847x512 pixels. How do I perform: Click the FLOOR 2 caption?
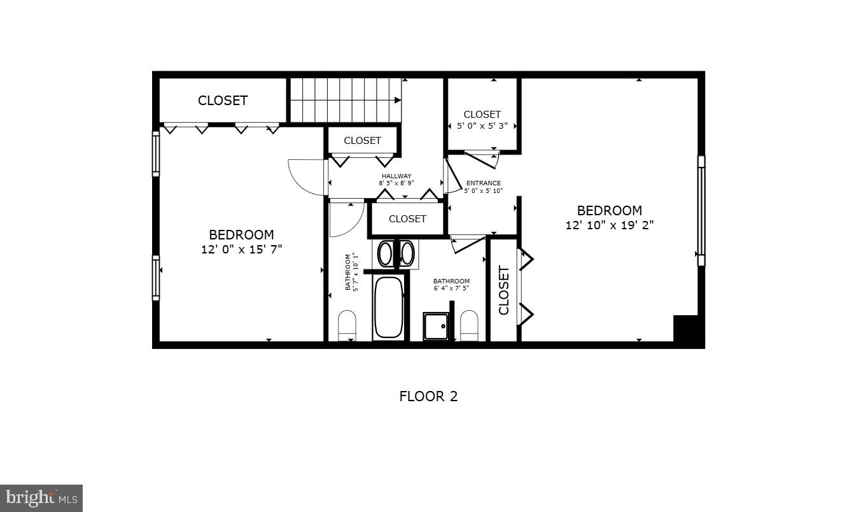coord(428,396)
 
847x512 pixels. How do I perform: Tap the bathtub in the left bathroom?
coord(388,307)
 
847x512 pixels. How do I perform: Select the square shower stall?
coord(436,326)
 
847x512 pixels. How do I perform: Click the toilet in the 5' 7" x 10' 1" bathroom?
coord(347,325)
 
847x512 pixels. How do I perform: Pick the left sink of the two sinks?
coord(386,253)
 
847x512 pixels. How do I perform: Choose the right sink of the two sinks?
coord(406,253)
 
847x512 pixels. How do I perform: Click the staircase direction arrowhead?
coord(398,100)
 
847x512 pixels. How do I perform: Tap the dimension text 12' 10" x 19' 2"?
coord(610,225)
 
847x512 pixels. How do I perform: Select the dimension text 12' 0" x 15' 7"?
coord(241,249)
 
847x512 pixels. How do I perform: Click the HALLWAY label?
coord(396,176)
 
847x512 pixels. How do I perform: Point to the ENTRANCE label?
coord(484,183)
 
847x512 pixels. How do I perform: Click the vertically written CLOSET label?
coord(504,290)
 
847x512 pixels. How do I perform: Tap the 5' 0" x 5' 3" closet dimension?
coord(482,125)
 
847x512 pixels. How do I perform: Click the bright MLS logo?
coord(41,498)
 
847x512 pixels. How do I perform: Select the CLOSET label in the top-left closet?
coord(223,101)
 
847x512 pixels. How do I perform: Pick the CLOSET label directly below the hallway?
coord(407,219)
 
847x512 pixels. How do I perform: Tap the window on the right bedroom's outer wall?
coord(701,210)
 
